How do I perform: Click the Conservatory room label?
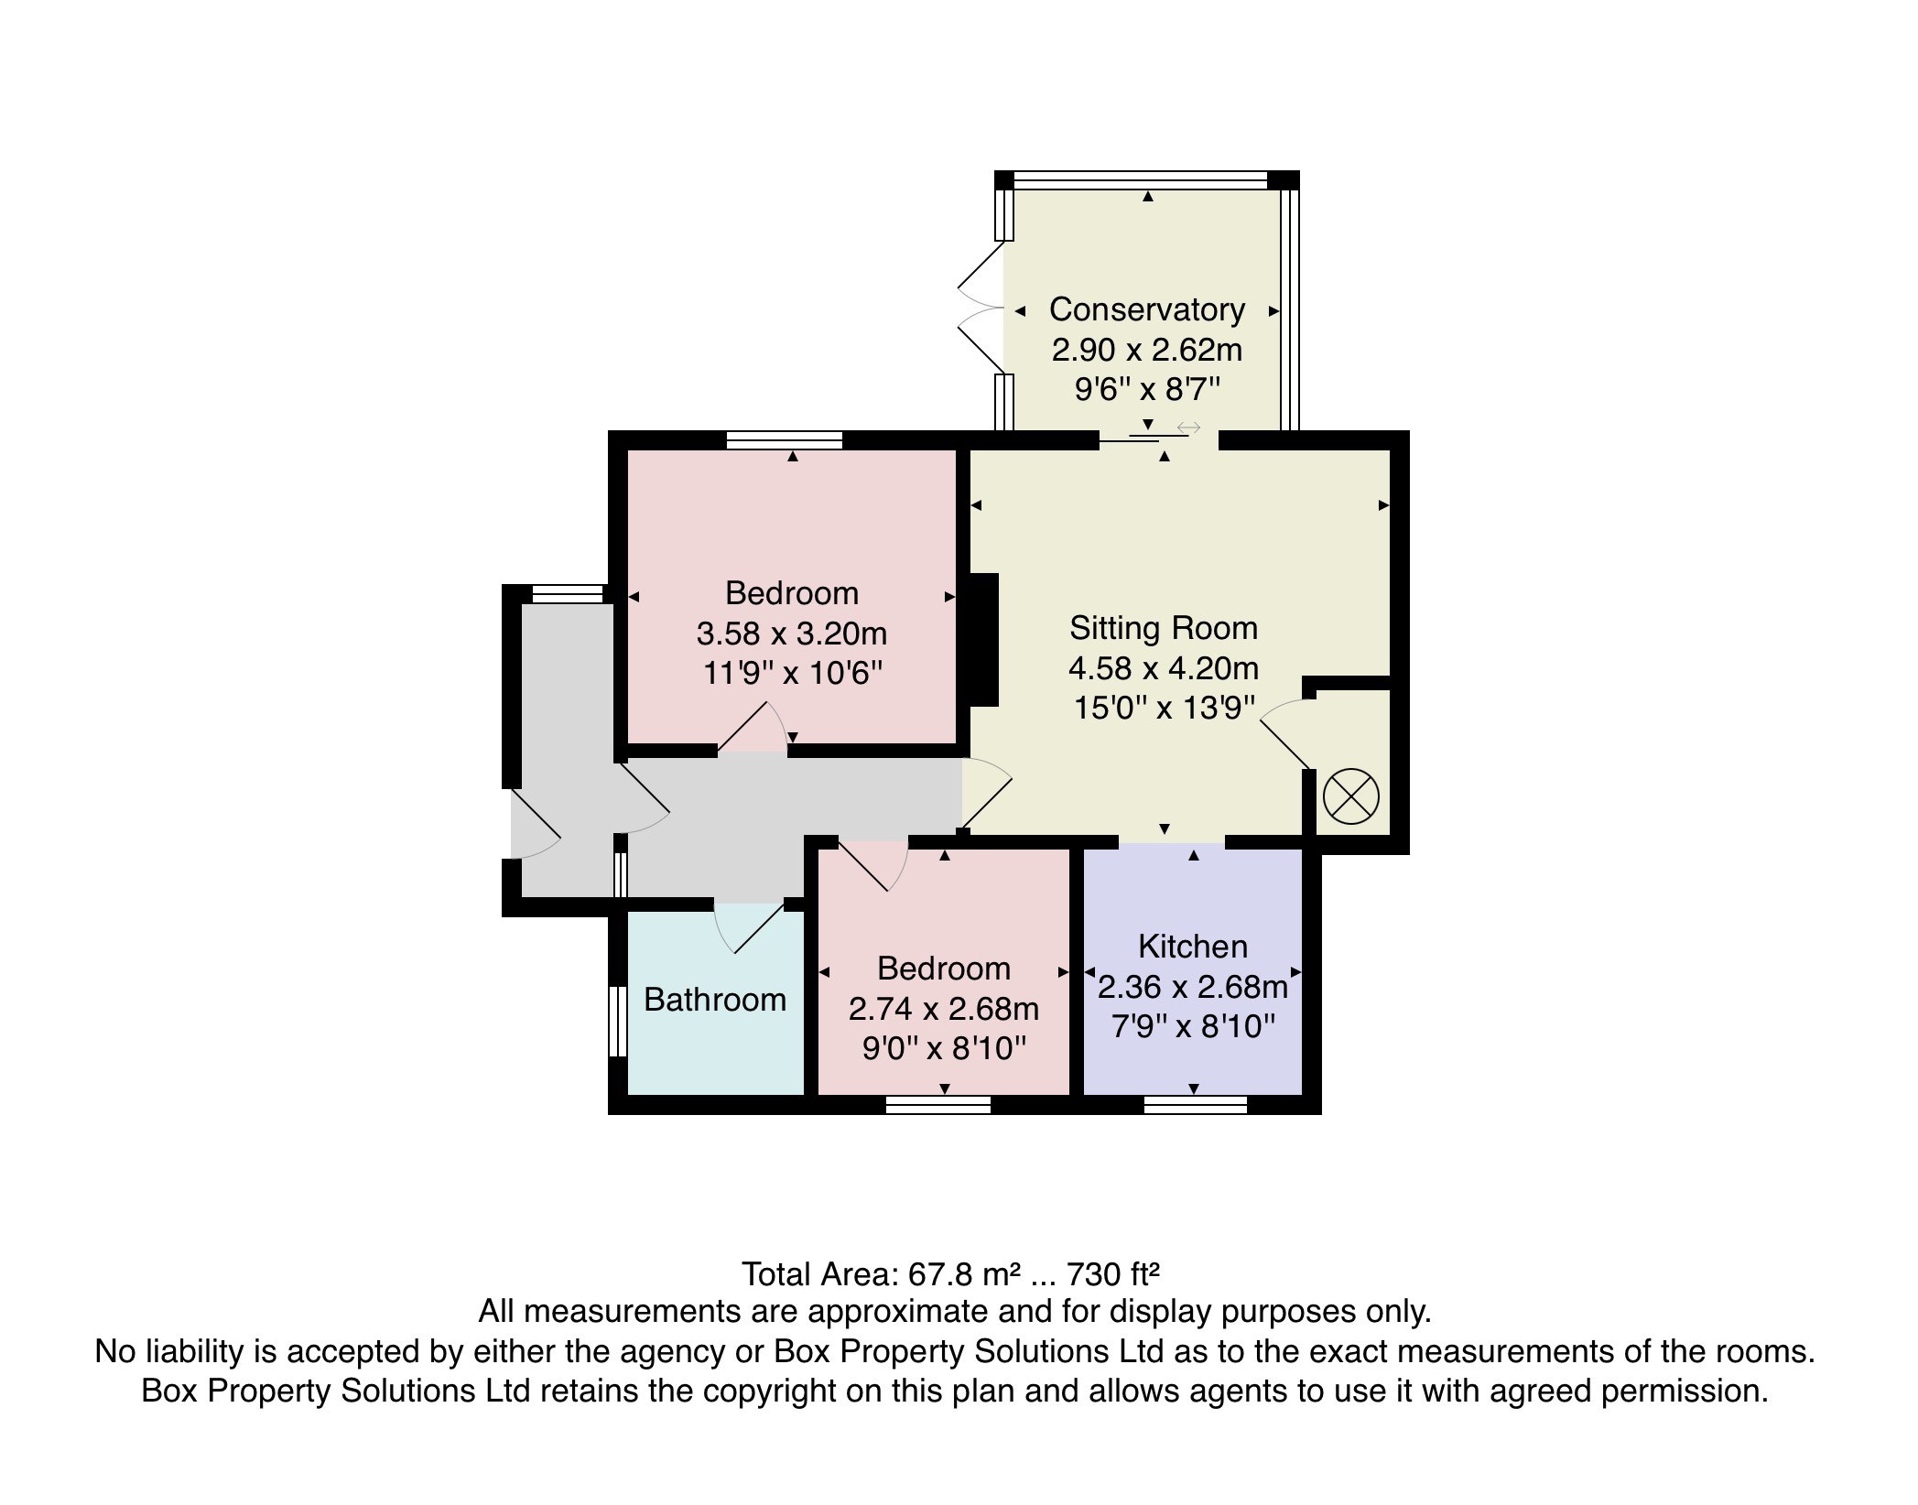pos(1146,309)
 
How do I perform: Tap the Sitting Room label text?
pos(1164,628)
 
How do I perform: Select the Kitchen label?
pos(1193,946)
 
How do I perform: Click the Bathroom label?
pos(715,999)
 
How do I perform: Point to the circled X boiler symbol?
pos(1350,796)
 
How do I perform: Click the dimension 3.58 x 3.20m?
pos(792,633)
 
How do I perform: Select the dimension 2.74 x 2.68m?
pos(944,1009)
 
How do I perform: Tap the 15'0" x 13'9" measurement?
pos(1164,708)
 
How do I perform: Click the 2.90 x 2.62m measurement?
pos(1146,350)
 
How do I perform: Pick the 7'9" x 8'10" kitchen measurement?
pos(1193,1026)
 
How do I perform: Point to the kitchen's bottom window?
pos(1195,1105)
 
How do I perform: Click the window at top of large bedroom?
pos(784,440)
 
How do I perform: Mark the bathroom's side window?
pos(618,1020)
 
